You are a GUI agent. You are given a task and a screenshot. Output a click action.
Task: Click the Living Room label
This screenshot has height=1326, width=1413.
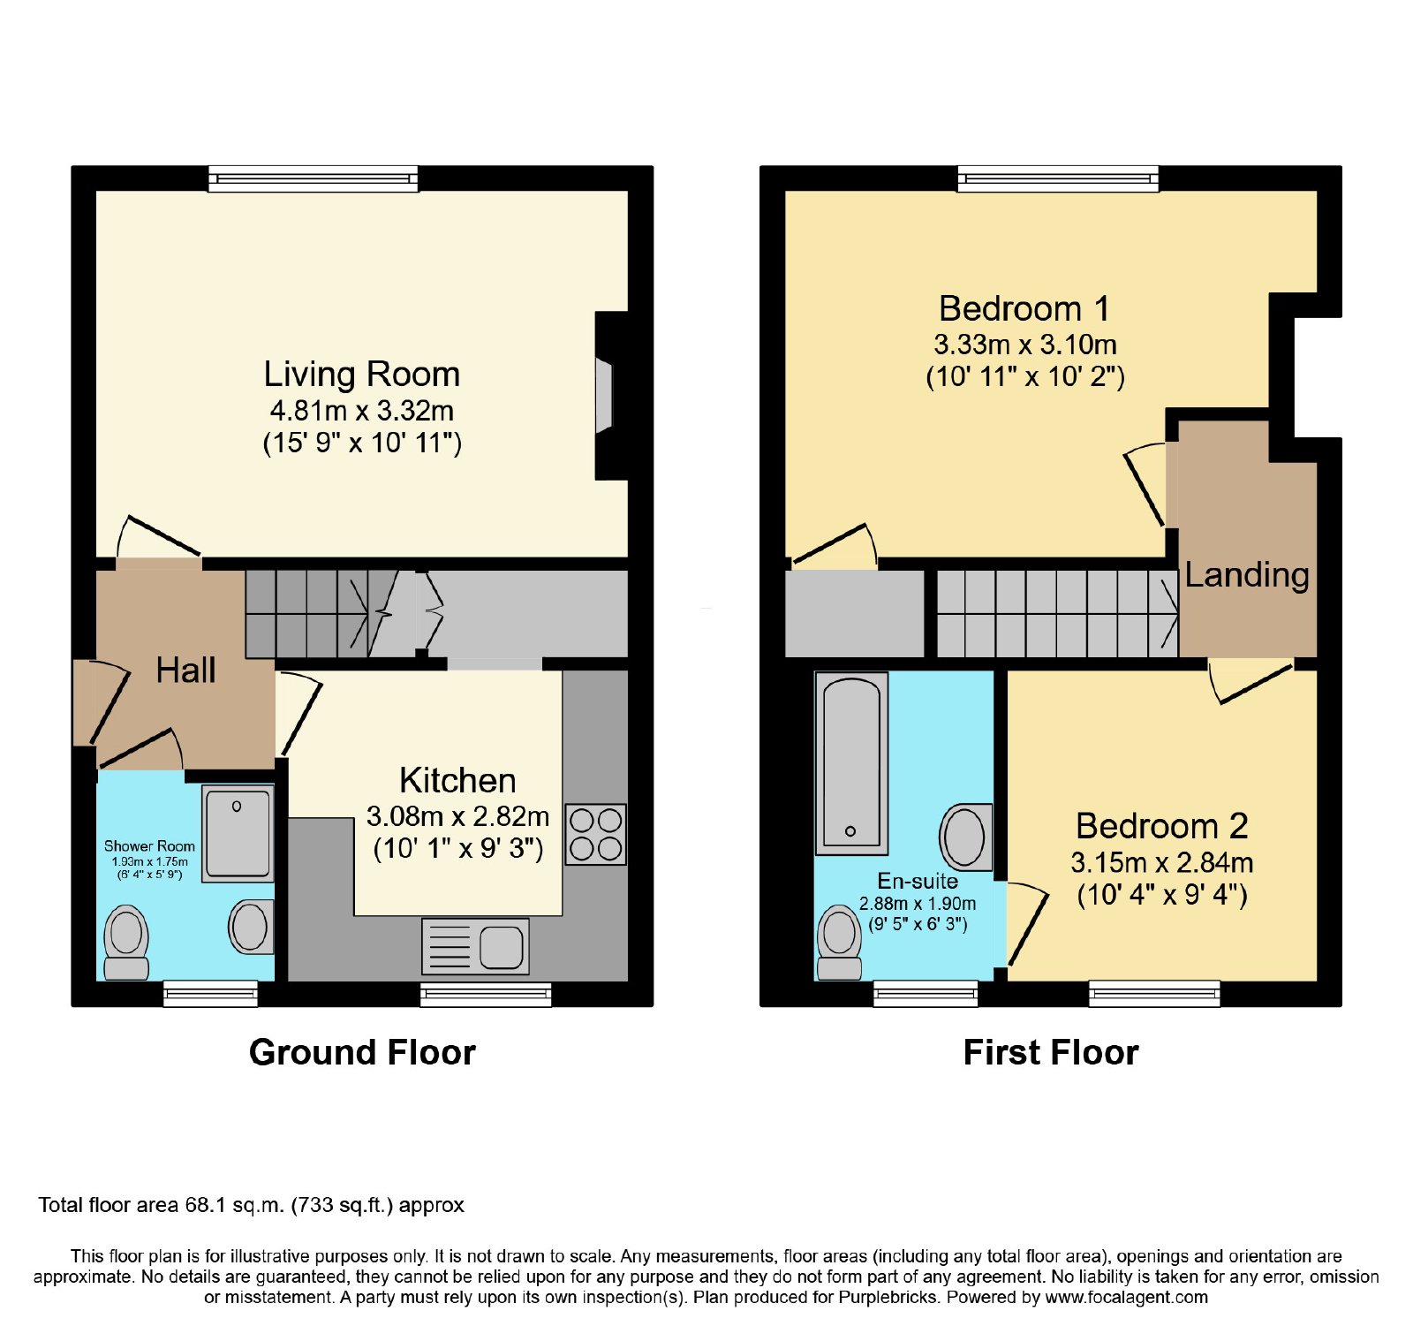coord(362,375)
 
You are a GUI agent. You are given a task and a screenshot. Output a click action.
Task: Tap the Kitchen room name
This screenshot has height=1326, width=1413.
coord(457,781)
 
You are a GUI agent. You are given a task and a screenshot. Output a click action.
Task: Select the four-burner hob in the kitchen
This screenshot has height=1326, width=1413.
coord(596,834)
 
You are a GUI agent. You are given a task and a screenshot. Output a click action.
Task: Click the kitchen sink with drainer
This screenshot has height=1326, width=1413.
coord(475,947)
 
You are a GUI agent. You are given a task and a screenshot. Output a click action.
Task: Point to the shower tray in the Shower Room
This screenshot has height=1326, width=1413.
coord(238,833)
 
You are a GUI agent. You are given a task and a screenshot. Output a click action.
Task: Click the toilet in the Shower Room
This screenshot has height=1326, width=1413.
coord(126,943)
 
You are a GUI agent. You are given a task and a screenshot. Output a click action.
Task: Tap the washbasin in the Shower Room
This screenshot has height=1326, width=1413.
coord(251,927)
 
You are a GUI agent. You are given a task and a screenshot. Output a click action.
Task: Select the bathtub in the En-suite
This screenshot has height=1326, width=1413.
coord(851,763)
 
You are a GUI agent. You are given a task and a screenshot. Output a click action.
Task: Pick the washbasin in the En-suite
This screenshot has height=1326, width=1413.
coord(965,836)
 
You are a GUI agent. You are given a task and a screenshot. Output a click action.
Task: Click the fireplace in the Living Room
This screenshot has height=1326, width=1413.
coord(603,395)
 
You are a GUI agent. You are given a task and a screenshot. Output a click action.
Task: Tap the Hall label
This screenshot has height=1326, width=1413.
coord(185,671)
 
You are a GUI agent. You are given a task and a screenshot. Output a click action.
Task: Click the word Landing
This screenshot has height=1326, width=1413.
coord(1247,575)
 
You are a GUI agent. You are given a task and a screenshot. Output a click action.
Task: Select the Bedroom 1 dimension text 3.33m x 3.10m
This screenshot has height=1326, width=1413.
coord(1025,345)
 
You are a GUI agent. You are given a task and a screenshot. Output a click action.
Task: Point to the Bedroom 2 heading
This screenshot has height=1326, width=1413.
coord(1162,826)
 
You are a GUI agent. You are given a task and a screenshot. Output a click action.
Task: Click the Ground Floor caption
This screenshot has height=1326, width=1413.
coord(362,1052)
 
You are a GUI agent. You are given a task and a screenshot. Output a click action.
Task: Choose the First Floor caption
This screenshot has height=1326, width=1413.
coord(1051,1052)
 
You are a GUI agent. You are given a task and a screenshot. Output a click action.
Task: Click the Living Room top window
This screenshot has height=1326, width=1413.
coord(314,178)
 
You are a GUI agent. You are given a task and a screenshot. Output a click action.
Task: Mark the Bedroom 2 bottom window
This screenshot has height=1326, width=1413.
coord(1154,994)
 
